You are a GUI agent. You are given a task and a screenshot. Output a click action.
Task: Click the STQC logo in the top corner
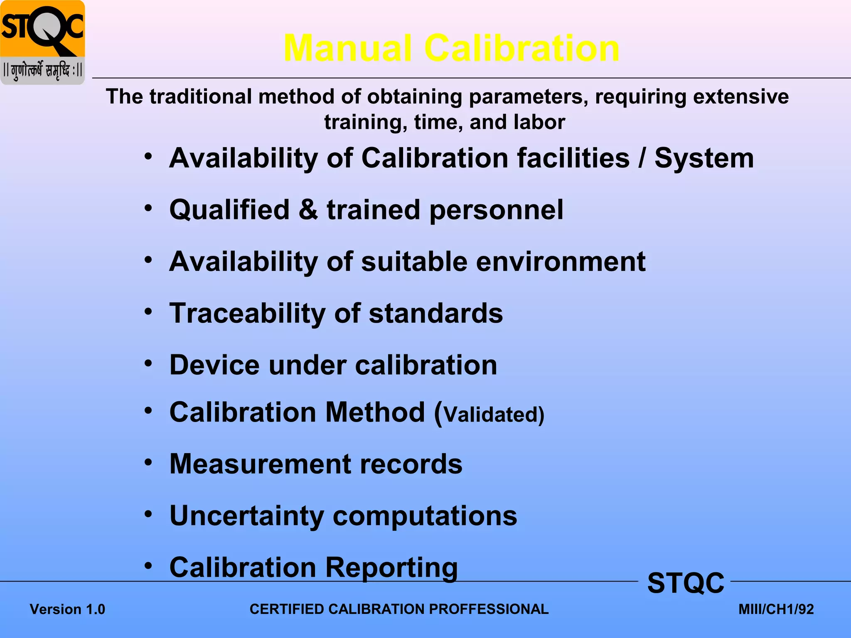[42, 42]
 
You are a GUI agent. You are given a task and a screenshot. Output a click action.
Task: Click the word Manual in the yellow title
[348, 48]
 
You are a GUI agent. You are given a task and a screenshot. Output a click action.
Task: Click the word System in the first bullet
[704, 158]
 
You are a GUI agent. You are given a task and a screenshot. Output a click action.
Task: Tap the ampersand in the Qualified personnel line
[308, 209]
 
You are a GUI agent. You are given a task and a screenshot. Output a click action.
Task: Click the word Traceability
[247, 314]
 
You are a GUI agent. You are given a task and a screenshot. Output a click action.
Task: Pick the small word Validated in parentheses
[491, 415]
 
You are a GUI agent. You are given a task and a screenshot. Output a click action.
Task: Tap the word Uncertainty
[247, 516]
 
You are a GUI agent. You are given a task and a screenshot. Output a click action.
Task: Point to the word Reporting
[391, 568]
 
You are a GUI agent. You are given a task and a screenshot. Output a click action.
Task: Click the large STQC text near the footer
[686, 583]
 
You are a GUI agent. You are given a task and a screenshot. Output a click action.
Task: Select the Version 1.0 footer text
[67, 609]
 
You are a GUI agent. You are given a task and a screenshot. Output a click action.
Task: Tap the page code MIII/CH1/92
[776, 609]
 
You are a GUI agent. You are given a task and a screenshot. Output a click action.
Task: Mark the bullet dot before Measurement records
[148, 462]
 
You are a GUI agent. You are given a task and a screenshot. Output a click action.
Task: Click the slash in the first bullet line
[642, 158]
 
